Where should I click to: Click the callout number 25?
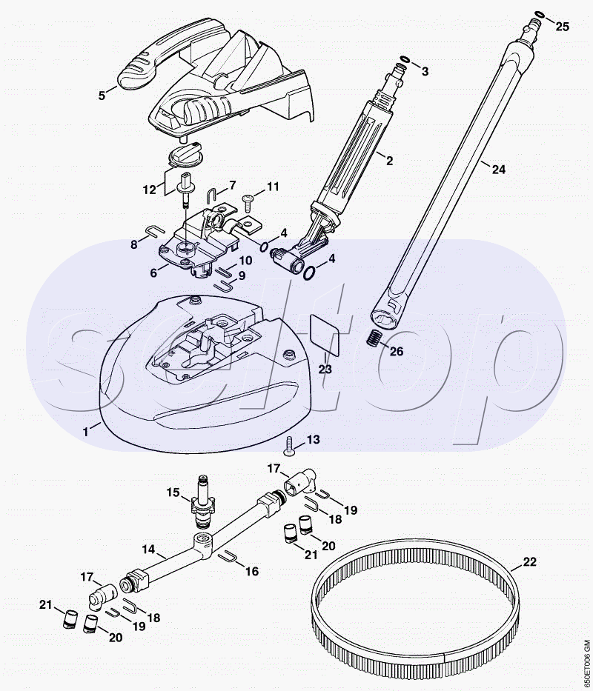point(563,27)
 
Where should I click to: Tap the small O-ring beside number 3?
point(405,60)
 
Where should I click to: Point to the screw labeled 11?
point(249,198)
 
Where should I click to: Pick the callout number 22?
point(529,562)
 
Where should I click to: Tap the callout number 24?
point(498,170)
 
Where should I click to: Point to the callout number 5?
point(103,95)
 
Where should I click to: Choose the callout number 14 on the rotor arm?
point(149,550)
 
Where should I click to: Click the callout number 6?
point(153,273)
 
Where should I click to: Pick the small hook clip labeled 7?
point(210,194)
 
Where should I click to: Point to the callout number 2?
point(390,159)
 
